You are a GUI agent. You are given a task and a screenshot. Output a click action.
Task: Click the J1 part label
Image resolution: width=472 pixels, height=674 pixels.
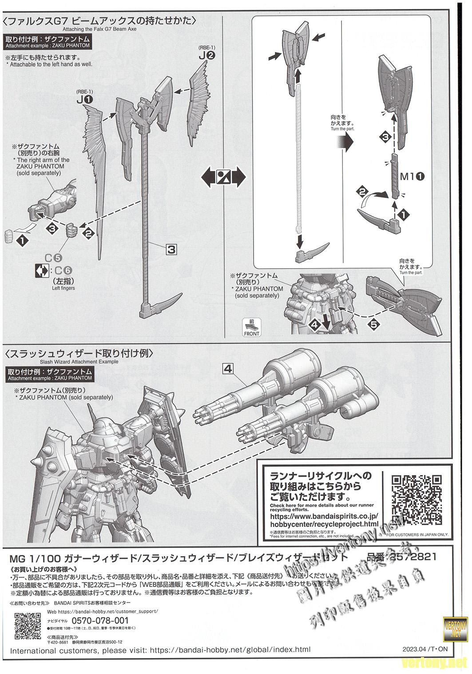point(84,100)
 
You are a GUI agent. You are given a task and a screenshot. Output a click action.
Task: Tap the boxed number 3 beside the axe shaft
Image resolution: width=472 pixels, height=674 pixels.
point(171,250)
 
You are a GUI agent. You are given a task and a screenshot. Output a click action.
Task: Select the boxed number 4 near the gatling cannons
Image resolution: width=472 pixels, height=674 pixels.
point(228,368)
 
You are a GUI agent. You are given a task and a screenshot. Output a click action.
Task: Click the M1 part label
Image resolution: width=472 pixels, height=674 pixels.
point(413,176)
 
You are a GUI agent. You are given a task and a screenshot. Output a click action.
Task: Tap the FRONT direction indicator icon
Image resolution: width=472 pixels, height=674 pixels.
point(251,327)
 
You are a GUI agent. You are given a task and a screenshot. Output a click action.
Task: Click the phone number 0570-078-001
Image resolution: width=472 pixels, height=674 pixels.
point(100,620)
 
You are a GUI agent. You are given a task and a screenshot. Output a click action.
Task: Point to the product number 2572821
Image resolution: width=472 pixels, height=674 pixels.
point(413,557)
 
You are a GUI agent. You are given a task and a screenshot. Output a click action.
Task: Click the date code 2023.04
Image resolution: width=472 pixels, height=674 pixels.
point(413,649)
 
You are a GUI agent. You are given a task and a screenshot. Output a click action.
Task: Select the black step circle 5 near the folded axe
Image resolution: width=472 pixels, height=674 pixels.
point(373,324)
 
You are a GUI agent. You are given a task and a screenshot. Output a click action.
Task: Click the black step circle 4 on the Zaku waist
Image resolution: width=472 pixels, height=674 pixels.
point(314,325)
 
